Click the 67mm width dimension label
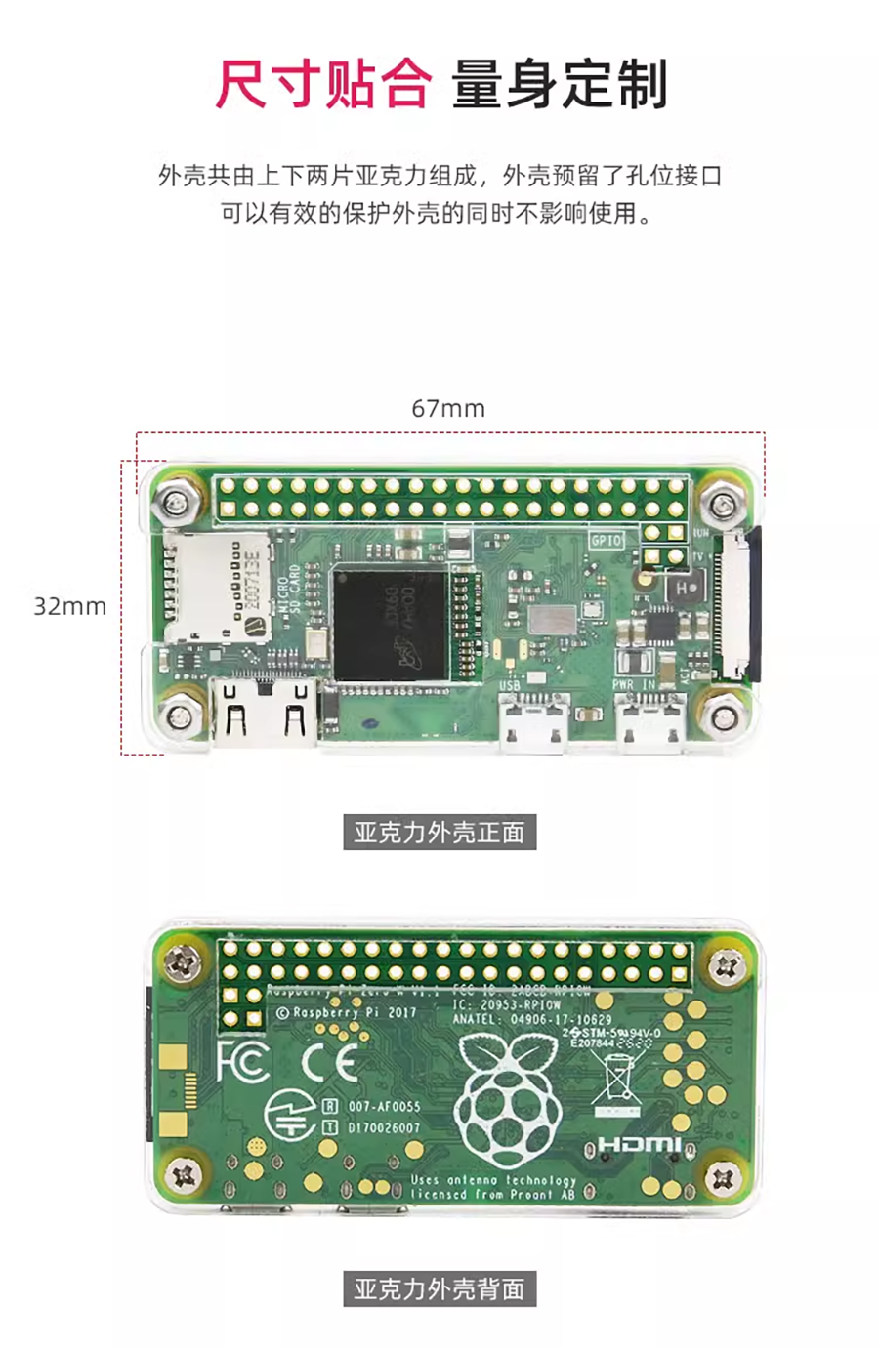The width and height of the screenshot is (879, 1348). pyautogui.click(x=447, y=408)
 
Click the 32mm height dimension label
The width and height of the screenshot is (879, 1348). pyautogui.click(x=69, y=606)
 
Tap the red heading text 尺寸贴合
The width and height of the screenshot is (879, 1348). pyautogui.click(x=323, y=84)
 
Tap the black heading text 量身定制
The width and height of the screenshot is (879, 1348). pyautogui.click(x=560, y=84)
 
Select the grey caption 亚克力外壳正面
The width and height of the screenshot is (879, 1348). pyautogui.click(x=439, y=833)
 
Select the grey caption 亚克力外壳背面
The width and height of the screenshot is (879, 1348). pyautogui.click(x=439, y=1289)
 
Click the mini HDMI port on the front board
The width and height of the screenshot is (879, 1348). pyautogui.click(x=264, y=714)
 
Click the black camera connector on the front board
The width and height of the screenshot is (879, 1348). pyautogui.click(x=742, y=605)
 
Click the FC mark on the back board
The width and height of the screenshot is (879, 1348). pyautogui.click(x=242, y=1061)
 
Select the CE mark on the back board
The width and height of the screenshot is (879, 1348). pyautogui.click(x=329, y=1061)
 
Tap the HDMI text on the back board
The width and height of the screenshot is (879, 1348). pyautogui.click(x=640, y=1144)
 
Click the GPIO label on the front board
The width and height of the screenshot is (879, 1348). pyautogui.click(x=606, y=540)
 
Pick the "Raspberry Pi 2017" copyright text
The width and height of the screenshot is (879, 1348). pyautogui.click(x=347, y=1013)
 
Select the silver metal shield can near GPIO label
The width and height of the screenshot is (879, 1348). pyautogui.click(x=553, y=618)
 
